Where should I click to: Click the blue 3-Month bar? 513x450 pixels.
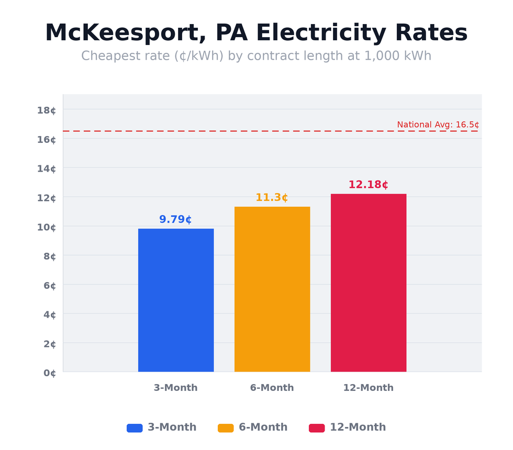point(176,300)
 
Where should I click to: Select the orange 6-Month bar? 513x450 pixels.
point(272,289)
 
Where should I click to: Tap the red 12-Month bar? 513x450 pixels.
point(369,283)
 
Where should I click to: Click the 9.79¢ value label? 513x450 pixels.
point(175,220)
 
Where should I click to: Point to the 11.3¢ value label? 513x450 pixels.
point(272,198)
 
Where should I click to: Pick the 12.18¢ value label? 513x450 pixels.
point(368,185)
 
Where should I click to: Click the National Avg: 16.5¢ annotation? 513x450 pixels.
point(438,125)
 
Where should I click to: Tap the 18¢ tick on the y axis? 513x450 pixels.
point(46,110)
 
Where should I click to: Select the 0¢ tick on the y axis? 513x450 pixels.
point(49,373)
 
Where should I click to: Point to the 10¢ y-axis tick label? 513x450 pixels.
point(46,227)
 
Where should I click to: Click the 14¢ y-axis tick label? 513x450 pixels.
point(46,168)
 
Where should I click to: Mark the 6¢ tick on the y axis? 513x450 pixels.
point(49,286)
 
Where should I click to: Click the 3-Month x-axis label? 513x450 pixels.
point(175,388)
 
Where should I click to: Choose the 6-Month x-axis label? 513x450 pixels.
point(272,388)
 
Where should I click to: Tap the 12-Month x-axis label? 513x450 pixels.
point(368,388)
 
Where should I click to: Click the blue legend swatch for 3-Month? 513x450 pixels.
point(135,428)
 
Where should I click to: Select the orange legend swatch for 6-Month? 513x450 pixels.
point(226,428)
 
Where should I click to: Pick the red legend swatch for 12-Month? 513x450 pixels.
point(317,428)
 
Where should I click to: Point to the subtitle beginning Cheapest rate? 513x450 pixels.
point(256,56)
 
